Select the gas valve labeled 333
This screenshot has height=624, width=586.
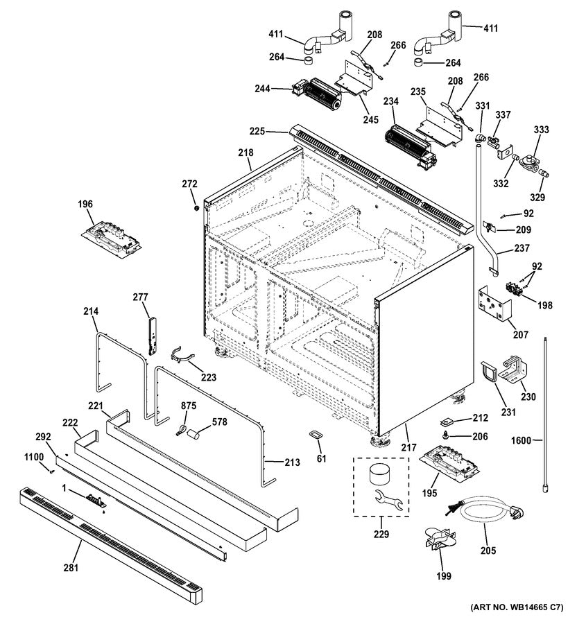pyautogui.click(x=536, y=163)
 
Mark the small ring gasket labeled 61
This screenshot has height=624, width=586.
pyautogui.click(x=316, y=435)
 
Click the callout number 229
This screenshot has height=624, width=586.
pyautogui.click(x=381, y=534)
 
